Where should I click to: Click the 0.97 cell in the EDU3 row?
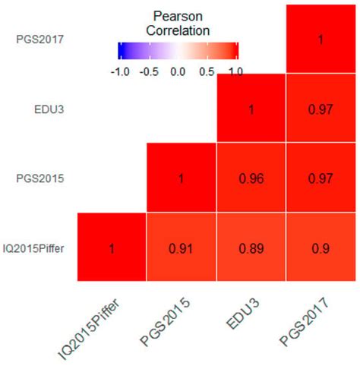coord(321,109)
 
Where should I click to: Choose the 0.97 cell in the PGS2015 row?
coord(321,178)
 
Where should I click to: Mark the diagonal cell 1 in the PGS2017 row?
coord(321,39)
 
